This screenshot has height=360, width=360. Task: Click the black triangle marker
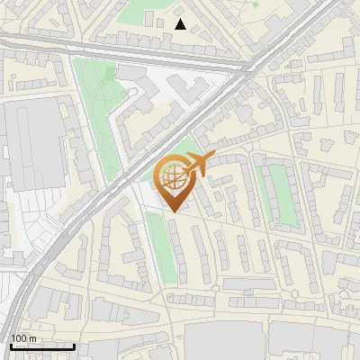(181, 24)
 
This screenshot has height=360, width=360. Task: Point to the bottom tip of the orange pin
(172, 212)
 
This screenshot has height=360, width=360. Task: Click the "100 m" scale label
(23, 338)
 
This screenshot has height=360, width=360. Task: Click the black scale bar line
(42, 346)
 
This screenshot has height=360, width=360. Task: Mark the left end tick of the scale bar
(11, 346)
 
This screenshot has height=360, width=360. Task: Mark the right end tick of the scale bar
(74, 346)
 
